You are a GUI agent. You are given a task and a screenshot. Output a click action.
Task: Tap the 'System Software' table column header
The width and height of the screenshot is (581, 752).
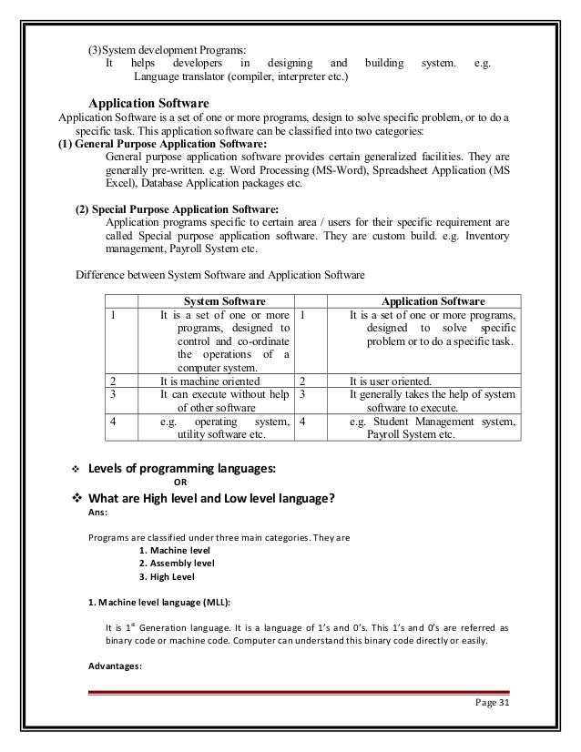225,300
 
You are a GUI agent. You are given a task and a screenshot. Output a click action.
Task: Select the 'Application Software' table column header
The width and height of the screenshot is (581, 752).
433,300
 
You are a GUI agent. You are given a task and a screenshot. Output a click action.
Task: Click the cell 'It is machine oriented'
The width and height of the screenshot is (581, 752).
210,381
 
